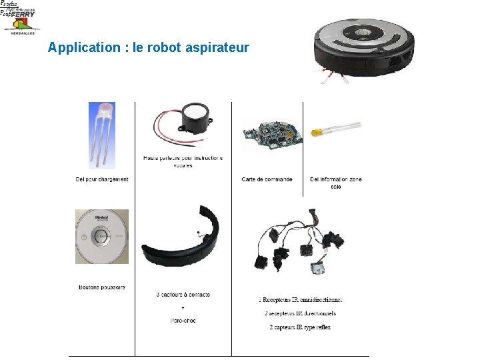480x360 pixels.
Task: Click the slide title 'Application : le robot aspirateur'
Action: [149, 48]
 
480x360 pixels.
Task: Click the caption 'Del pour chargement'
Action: [102, 179]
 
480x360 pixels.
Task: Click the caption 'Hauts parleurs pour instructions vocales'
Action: [183, 161]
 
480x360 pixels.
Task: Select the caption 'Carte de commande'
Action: [267, 179]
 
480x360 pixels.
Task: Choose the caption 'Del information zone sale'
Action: [336, 182]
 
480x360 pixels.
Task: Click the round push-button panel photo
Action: [102, 237]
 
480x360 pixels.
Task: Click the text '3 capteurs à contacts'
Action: [183, 294]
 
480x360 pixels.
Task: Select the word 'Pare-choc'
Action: [183, 321]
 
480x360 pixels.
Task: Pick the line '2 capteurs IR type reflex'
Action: [299, 327]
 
